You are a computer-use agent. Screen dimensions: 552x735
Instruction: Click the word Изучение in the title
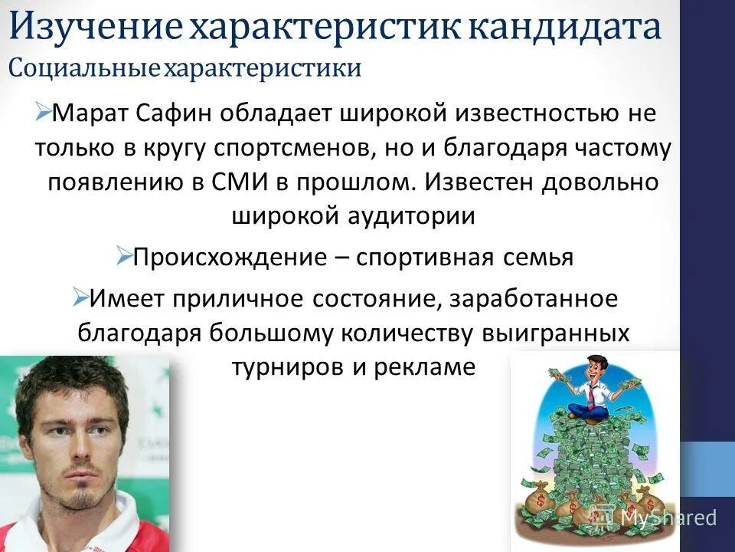(95, 28)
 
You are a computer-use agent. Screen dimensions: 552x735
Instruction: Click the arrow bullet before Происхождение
(124, 255)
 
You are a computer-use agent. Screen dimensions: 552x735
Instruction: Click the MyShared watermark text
(667, 517)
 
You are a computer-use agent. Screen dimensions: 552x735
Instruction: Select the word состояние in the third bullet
(364, 299)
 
